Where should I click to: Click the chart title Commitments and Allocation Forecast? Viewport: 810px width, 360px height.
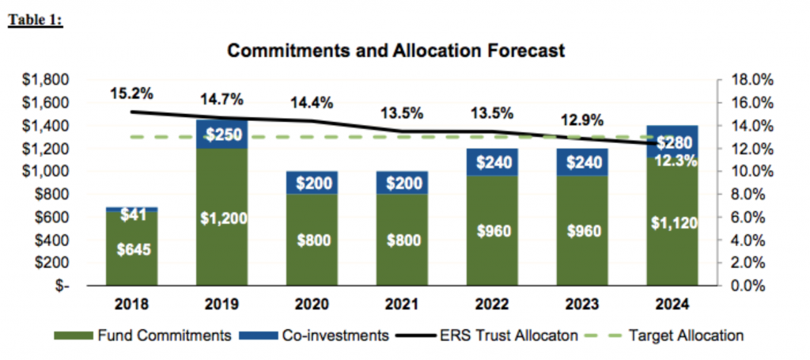(x=396, y=51)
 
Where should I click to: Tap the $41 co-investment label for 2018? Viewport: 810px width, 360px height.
(x=132, y=216)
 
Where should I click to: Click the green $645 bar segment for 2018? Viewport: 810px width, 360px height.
(x=132, y=248)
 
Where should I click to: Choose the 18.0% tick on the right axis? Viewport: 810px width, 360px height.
(x=751, y=80)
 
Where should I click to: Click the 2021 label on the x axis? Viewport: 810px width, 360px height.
(x=403, y=305)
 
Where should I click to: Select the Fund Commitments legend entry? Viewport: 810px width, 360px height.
(x=142, y=335)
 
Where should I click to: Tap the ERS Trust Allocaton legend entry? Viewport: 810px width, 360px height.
(x=487, y=335)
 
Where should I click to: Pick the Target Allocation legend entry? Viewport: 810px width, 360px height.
(x=667, y=335)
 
